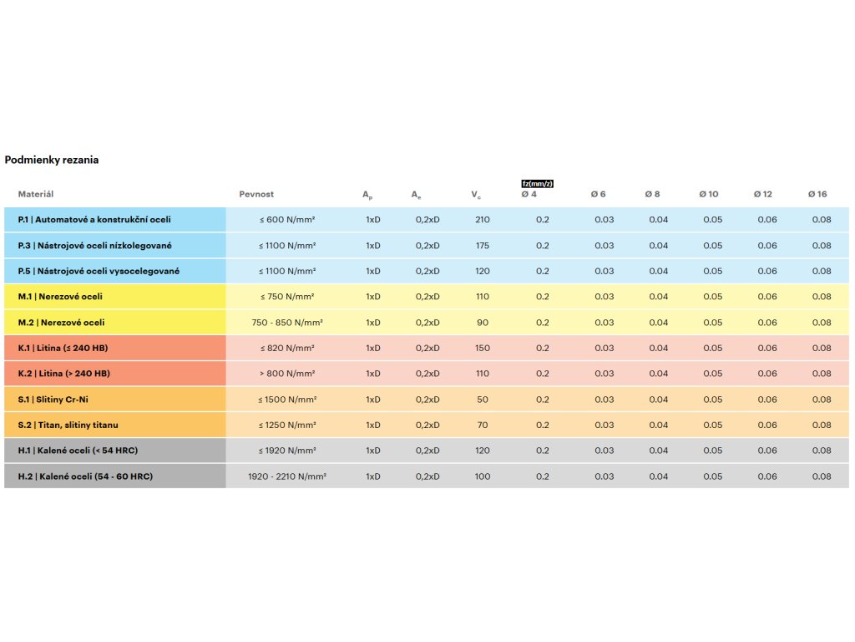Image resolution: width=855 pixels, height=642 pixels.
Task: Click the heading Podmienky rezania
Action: coord(52,160)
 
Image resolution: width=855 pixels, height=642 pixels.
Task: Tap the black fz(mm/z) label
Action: coord(538,183)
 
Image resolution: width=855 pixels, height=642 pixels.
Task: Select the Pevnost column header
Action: coord(255,194)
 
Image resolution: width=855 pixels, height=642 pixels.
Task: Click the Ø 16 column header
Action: coord(817,194)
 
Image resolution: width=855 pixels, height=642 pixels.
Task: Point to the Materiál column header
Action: coord(36,194)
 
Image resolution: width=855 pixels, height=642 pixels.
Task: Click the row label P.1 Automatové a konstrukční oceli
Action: coord(94,220)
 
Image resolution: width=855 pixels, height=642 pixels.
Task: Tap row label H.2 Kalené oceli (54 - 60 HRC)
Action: coord(85,476)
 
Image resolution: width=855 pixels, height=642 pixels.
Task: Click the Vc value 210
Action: coord(482,220)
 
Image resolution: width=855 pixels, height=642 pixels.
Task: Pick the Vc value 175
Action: coord(482,246)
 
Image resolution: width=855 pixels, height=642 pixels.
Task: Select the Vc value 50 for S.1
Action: coord(482,400)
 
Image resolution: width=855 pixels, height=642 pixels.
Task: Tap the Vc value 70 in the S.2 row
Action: coord(482,425)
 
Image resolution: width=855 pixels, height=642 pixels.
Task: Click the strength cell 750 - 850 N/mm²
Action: coord(286,323)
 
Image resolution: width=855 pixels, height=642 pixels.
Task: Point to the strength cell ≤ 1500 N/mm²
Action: coord(286,400)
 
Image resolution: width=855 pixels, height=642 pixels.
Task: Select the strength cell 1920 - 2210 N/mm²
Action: coord(286,476)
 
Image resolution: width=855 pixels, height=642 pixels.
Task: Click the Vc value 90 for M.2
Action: coord(482,323)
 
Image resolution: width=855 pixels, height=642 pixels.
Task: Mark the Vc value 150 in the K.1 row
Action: coord(482,348)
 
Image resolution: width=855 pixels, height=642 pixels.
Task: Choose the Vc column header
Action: coord(475,195)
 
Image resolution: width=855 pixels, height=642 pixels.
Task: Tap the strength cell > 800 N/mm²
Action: coord(286,374)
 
